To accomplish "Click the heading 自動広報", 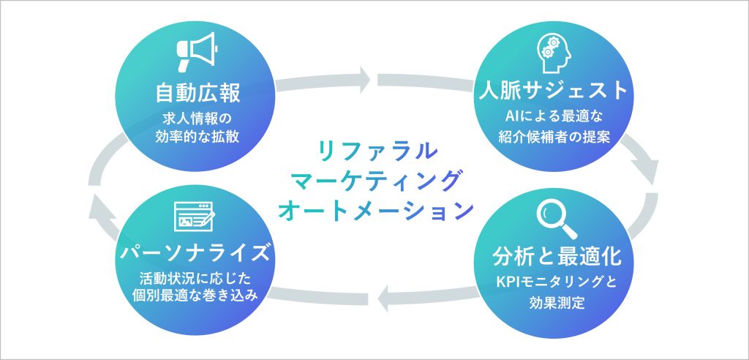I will pyautogui.click(x=198, y=94).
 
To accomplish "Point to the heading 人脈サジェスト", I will pyautogui.click(x=553, y=90).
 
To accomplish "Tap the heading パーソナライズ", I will pyautogui.click(x=197, y=255).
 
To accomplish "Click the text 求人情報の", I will pyautogui.click(x=198, y=117).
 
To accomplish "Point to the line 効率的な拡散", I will pyautogui.click(x=198, y=135).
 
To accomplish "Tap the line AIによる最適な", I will pyautogui.click(x=553, y=116).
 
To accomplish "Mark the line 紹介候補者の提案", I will pyautogui.click(x=553, y=135).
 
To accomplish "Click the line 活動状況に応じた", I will pyautogui.click(x=197, y=278).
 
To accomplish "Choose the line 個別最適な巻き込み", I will pyautogui.click(x=197, y=297).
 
